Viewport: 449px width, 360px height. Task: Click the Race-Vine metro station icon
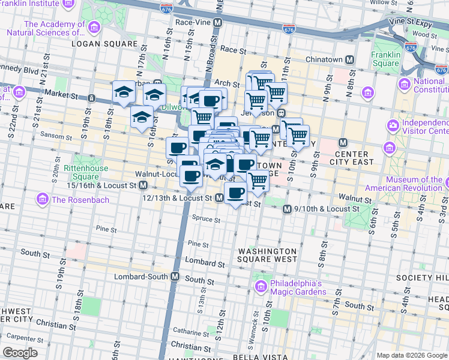pos(218,22)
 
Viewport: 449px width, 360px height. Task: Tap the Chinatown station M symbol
pos(349,59)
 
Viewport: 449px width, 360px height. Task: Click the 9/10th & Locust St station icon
pos(286,208)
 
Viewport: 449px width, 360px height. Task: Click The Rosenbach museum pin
pos(43,199)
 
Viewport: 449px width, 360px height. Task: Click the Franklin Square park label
pos(385,59)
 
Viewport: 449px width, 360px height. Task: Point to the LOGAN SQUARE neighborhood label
pos(97,44)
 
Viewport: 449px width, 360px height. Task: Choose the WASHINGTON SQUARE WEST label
pos(267,255)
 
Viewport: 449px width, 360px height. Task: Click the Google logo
pos(20,352)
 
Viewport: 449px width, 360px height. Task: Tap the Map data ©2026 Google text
pos(411,355)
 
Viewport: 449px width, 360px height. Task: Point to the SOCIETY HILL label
pos(422,278)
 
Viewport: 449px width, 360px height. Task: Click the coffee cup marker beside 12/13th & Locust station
pos(236,193)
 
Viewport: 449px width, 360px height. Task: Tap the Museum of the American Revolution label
pos(414,184)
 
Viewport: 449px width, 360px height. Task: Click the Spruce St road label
pos(206,220)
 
